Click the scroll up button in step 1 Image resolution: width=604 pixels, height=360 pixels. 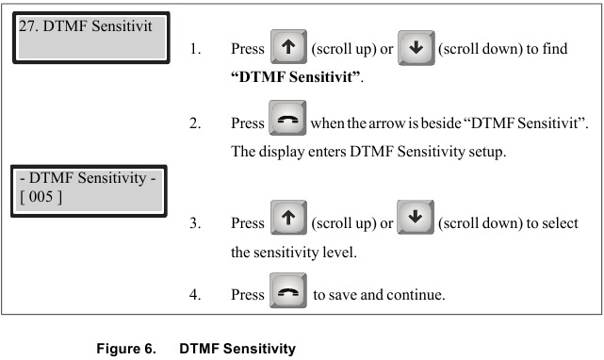click(x=288, y=48)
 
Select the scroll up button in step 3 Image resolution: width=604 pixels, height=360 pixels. click(x=288, y=223)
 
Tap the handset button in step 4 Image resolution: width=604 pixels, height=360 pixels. click(x=288, y=295)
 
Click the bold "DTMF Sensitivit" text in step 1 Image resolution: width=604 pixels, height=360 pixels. click(x=297, y=76)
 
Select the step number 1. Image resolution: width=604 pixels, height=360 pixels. click(x=194, y=49)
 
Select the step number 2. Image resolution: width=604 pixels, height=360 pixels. click(x=194, y=124)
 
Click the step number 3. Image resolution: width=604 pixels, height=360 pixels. click(x=194, y=224)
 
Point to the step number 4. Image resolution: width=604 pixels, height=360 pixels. click(x=194, y=295)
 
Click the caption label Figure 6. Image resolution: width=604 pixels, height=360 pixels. click(x=125, y=349)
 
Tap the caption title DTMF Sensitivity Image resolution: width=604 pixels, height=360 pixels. click(x=237, y=349)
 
